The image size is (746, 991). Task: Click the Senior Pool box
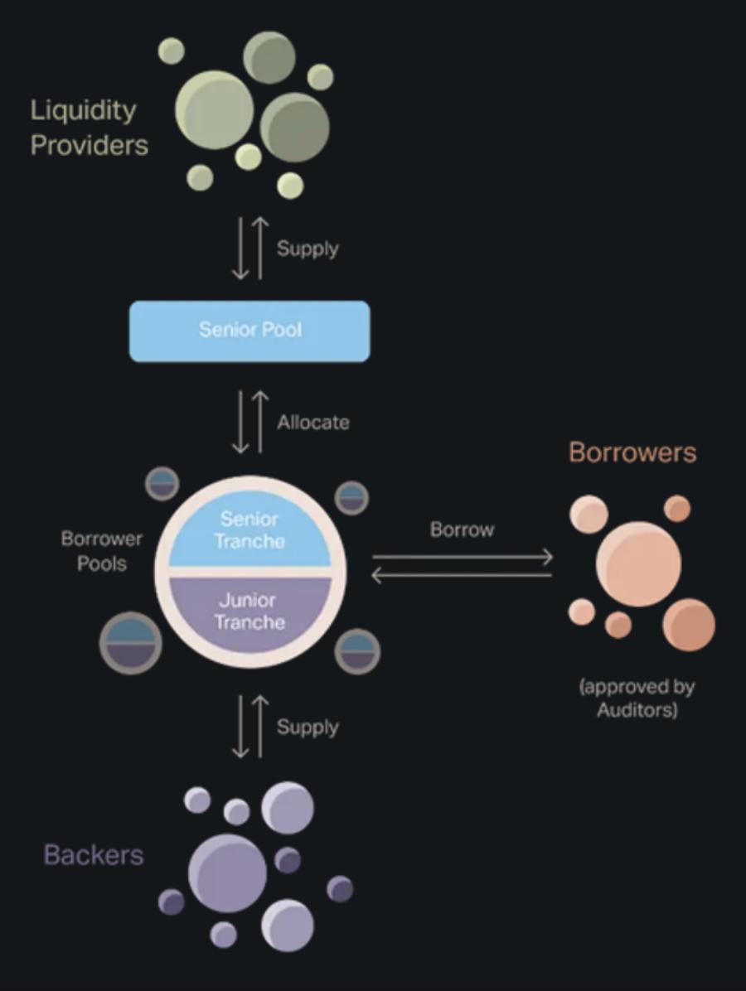[x=249, y=331]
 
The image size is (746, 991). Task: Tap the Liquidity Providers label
[x=89, y=128]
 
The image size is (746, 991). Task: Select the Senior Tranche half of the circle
[x=249, y=529]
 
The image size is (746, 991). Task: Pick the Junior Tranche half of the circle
[x=249, y=612]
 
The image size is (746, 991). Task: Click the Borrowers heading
[x=632, y=452]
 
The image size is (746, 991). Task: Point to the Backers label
[x=94, y=855]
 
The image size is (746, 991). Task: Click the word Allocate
[x=313, y=423]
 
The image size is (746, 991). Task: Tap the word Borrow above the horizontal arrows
[x=462, y=530]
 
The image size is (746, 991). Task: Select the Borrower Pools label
[x=102, y=551]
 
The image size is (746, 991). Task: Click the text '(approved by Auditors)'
[x=637, y=699]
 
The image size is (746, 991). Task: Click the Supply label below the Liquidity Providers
[x=308, y=249]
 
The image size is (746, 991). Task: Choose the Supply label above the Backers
[x=308, y=728]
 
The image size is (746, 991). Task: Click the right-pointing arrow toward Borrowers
[x=462, y=558]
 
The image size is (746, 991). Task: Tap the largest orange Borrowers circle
[x=638, y=563]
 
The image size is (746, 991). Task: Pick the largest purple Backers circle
[x=227, y=873]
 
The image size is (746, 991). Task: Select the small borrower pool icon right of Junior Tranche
[x=357, y=650]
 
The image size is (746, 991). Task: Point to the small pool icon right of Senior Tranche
[x=351, y=498]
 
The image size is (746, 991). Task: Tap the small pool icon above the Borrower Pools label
[x=162, y=484]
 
